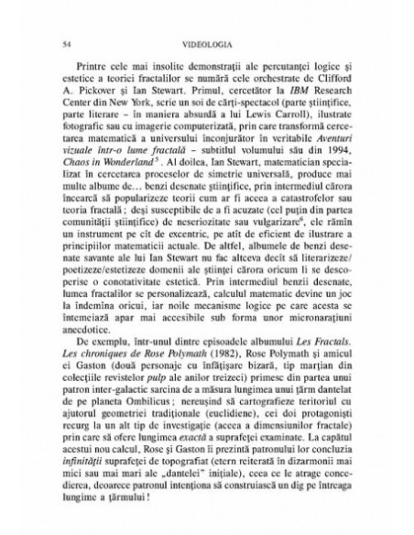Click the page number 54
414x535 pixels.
60,43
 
